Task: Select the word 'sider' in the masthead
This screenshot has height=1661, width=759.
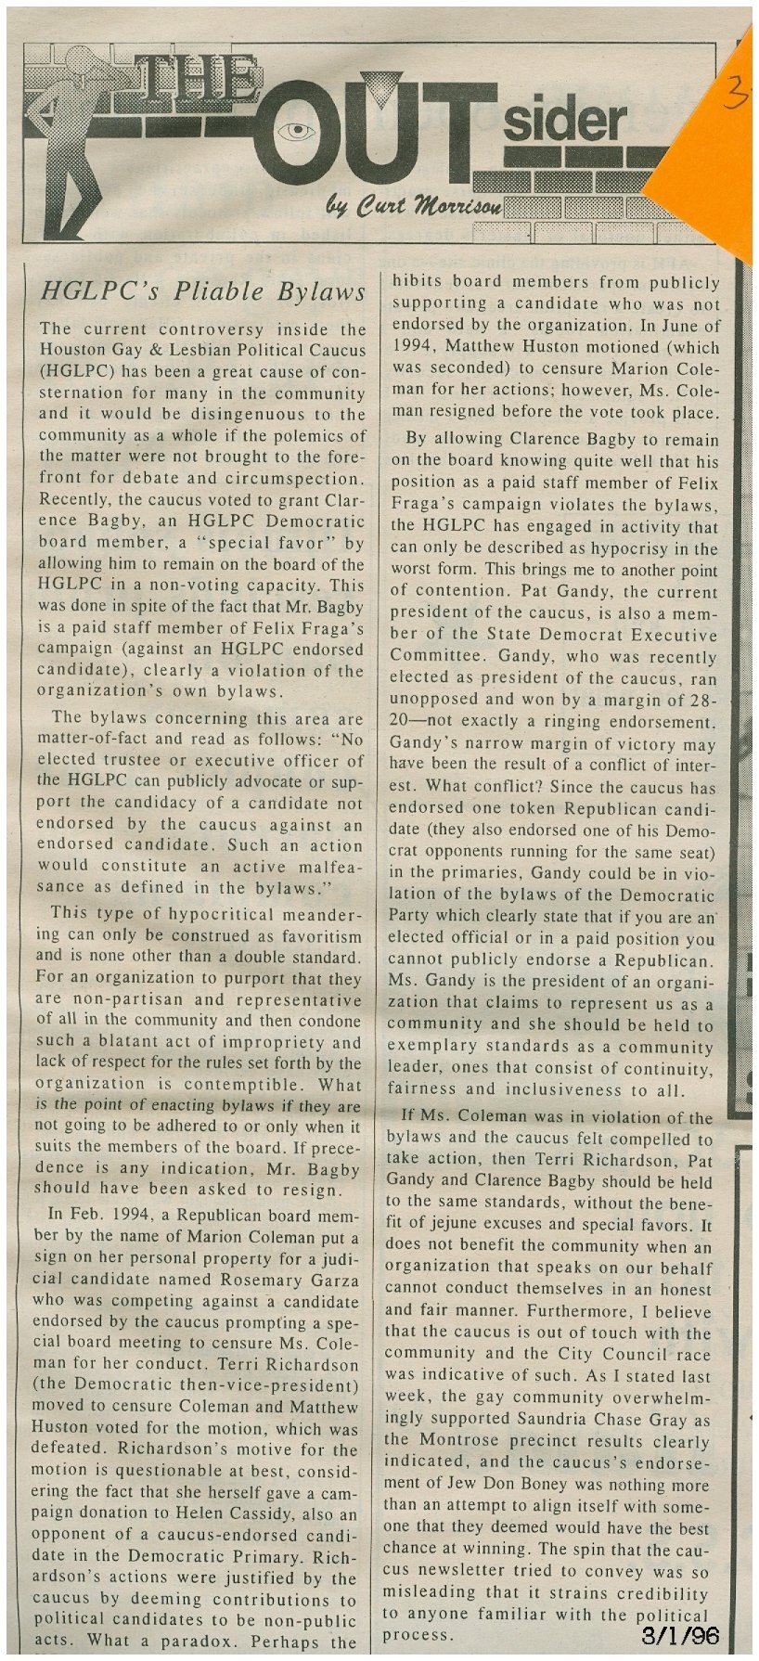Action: pos(565,121)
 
